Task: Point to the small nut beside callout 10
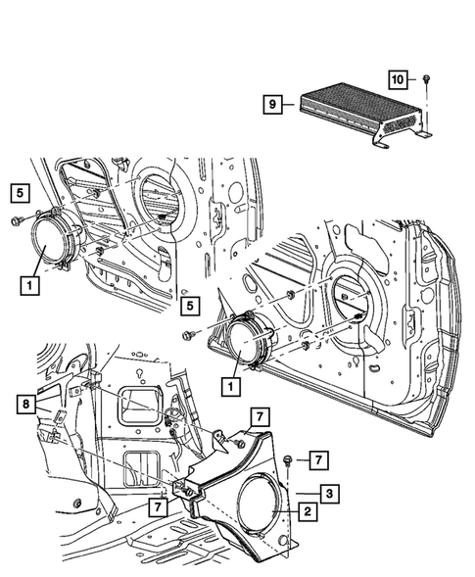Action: click(x=429, y=77)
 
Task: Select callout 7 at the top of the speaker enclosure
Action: click(x=258, y=418)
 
